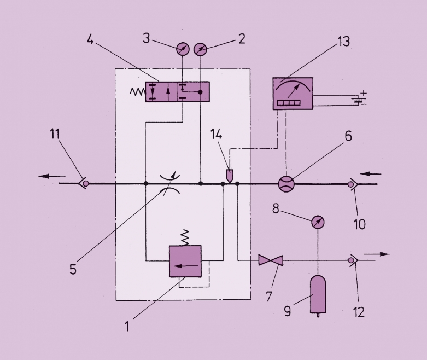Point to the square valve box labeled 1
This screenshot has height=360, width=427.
185,261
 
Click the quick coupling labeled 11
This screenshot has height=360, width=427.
84,183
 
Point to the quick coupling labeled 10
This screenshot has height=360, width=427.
352,184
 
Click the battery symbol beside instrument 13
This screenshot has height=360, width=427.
358,101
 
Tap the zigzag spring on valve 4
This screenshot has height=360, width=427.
136,92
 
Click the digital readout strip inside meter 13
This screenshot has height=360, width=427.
288,102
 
